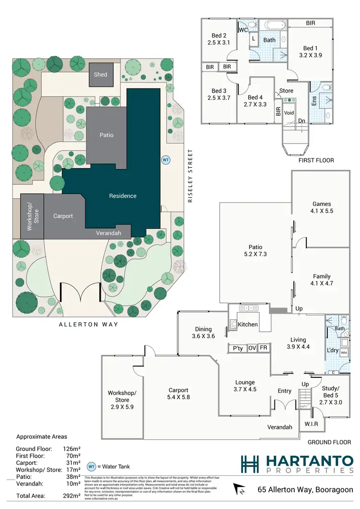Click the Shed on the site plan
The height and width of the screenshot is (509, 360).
(x=100, y=74)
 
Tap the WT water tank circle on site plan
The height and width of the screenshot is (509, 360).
(x=166, y=159)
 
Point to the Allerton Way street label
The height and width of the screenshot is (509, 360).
(x=88, y=325)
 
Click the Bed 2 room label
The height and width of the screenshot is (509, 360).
(x=219, y=36)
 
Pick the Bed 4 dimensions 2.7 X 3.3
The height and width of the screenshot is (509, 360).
(x=254, y=103)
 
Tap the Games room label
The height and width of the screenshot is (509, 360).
(x=322, y=204)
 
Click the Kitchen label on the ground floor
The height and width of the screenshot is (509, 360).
(x=248, y=325)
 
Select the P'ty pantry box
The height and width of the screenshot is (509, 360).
(x=237, y=348)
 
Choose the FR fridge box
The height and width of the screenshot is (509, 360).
(x=263, y=348)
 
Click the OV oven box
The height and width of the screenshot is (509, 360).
(x=252, y=348)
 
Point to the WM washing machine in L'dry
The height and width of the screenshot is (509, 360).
(x=344, y=353)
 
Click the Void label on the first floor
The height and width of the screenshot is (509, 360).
(x=288, y=113)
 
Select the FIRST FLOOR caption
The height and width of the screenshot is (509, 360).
(x=316, y=160)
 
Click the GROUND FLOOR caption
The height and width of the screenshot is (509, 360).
(x=329, y=442)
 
